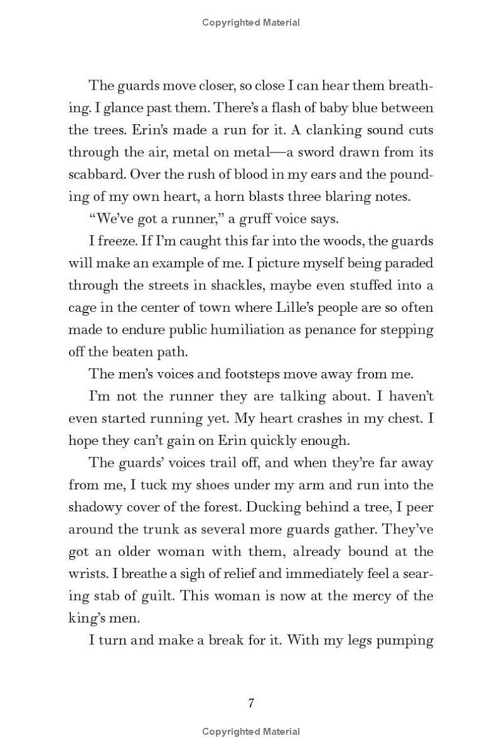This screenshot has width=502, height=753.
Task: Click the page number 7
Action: click(251, 703)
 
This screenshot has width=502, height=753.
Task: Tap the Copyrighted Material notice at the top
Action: click(251, 23)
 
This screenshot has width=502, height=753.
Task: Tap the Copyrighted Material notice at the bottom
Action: click(251, 731)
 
